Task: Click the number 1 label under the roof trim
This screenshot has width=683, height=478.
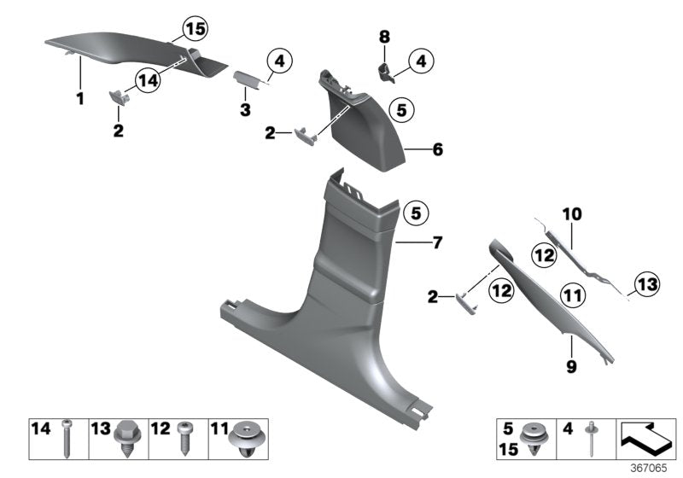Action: (79, 99)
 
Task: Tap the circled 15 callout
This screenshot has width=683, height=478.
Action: (195, 30)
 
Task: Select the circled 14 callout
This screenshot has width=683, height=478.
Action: (146, 80)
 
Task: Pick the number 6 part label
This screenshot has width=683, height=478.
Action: (437, 149)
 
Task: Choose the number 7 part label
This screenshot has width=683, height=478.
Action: (437, 243)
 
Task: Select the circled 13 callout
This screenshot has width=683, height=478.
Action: (645, 283)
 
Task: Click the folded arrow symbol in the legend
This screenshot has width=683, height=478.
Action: (645, 437)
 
